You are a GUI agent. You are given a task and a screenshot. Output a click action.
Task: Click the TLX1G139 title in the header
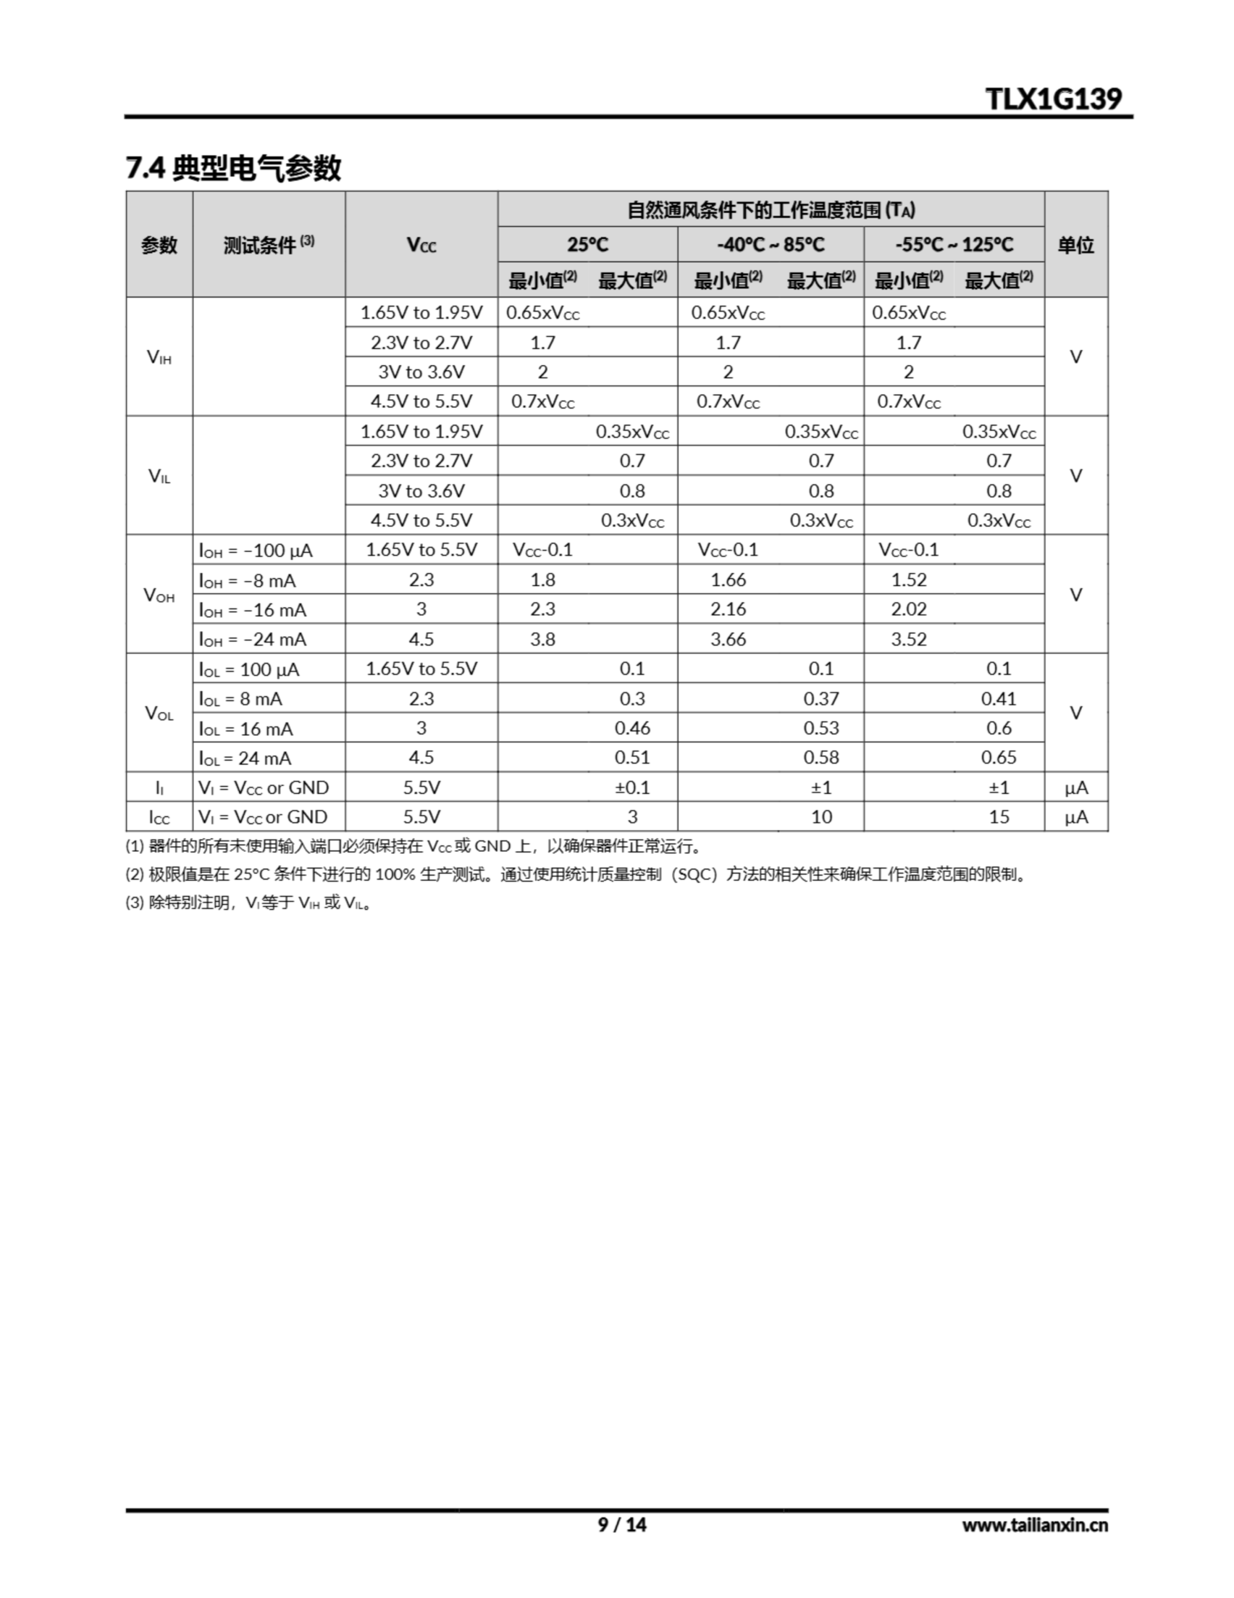click(x=1053, y=98)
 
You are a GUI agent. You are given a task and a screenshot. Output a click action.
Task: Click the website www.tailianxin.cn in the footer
click(x=1034, y=1525)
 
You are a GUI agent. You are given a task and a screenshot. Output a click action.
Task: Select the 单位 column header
click(x=1076, y=245)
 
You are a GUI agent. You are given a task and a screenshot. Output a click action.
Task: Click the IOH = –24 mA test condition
click(x=253, y=639)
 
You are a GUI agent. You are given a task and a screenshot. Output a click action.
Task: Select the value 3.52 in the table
click(x=908, y=639)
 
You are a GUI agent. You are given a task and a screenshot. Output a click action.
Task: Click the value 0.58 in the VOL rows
click(x=821, y=757)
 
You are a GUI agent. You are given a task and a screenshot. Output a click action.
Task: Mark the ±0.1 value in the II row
click(x=632, y=787)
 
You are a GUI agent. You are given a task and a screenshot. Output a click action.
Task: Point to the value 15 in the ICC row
click(x=998, y=817)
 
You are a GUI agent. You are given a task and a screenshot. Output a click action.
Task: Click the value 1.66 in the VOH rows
click(x=728, y=581)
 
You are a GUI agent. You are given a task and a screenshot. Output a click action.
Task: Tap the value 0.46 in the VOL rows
click(x=632, y=728)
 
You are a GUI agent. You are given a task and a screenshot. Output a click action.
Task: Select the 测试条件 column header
click(x=268, y=245)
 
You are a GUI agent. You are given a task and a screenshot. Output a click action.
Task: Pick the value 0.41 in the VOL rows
click(x=998, y=699)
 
